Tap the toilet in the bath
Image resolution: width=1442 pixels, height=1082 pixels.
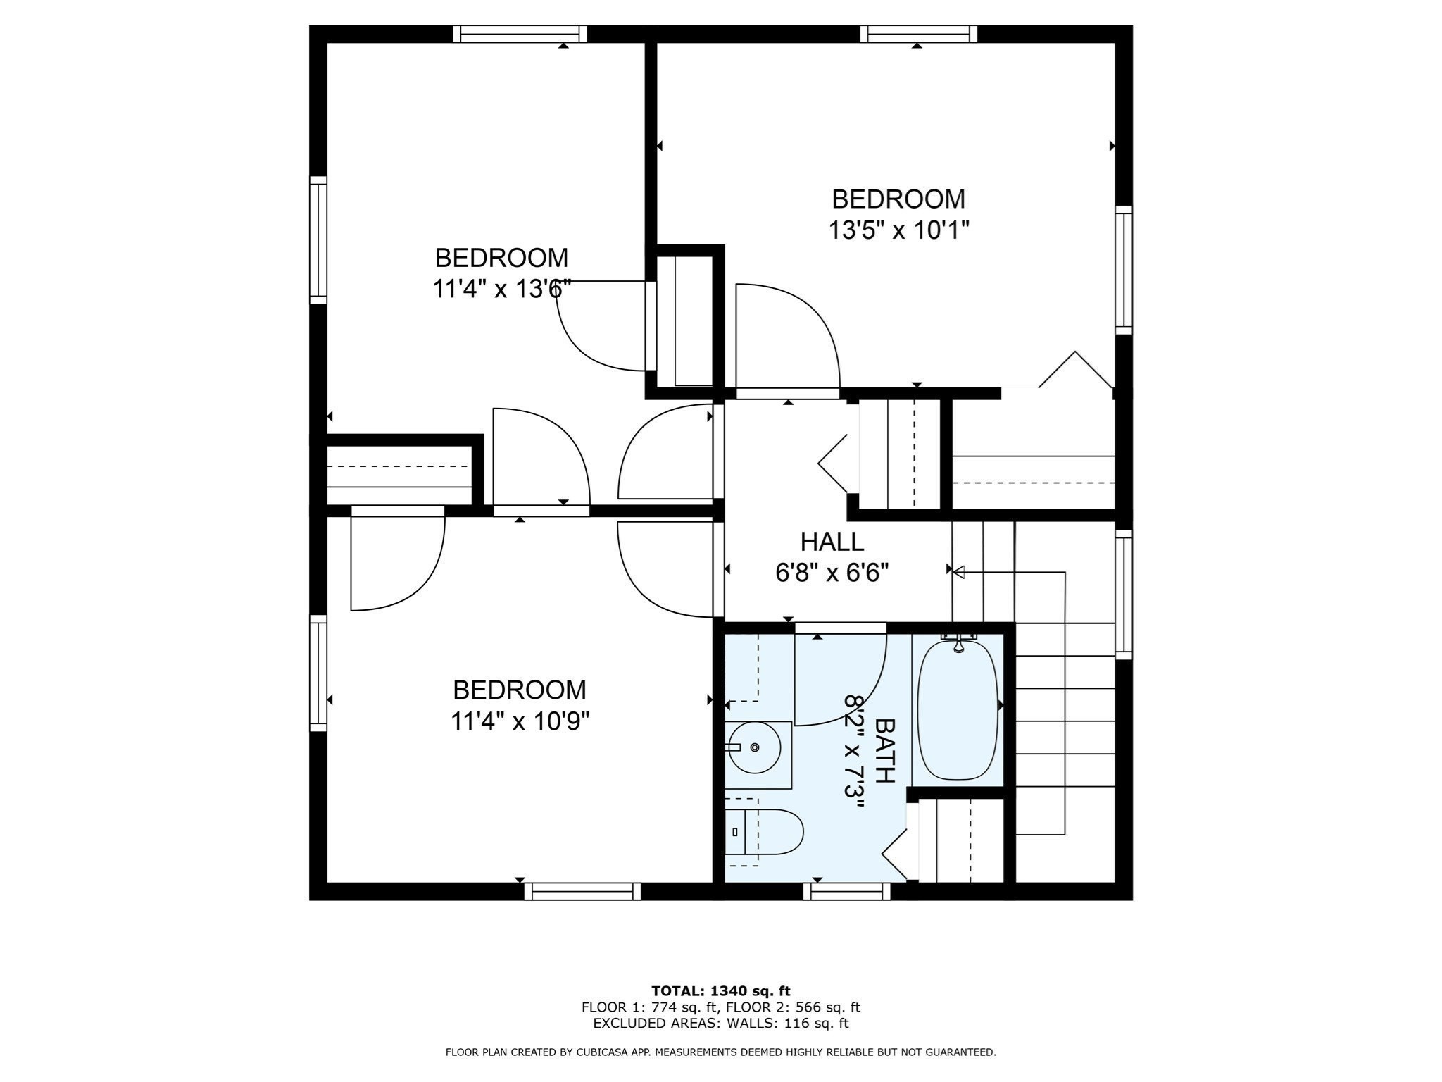coord(764,832)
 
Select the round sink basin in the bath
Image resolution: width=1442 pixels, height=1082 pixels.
coord(754,747)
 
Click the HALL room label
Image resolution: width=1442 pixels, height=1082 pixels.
coord(832,542)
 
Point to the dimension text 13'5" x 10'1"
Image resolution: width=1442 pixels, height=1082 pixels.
coord(898,230)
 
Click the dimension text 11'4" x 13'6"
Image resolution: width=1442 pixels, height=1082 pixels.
coord(501,289)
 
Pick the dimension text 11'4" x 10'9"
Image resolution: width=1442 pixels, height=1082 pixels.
coord(520,721)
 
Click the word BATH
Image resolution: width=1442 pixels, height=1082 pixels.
coord(884,751)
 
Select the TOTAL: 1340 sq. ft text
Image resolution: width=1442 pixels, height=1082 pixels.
coord(721,991)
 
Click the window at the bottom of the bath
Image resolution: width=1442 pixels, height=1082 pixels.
coord(846,892)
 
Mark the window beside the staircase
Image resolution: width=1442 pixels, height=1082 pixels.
coord(1124,595)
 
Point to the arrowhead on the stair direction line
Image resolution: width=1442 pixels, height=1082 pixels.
coord(959,572)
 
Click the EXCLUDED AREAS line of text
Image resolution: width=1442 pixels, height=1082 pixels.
coord(721,1024)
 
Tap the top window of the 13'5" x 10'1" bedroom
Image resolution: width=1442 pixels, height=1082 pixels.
coord(919,34)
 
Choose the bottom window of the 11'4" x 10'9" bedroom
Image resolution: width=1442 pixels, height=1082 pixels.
coord(582,892)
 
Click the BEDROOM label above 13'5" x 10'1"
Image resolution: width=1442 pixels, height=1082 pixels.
coord(898,199)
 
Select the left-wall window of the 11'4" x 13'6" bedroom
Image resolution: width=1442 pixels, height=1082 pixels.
coord(318,240)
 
